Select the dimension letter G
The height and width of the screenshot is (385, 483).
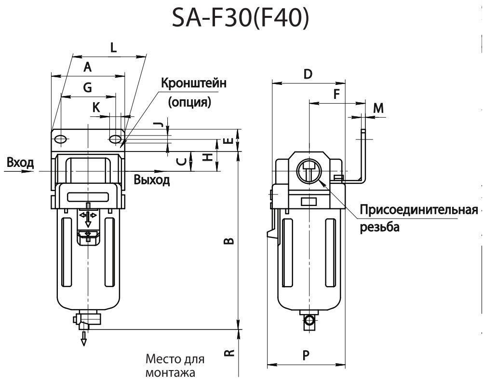coord(87,87)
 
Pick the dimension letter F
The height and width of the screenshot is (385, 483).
coord(337,94)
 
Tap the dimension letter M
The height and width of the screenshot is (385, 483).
coord(379,108)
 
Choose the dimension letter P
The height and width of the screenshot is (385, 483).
coord(306,356)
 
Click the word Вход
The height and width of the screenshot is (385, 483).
coord(20,162)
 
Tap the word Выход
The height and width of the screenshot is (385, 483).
coord(152,180)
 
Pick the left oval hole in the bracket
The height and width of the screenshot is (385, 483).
coord(61,139)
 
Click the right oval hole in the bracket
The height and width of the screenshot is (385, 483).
coord(115,139)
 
